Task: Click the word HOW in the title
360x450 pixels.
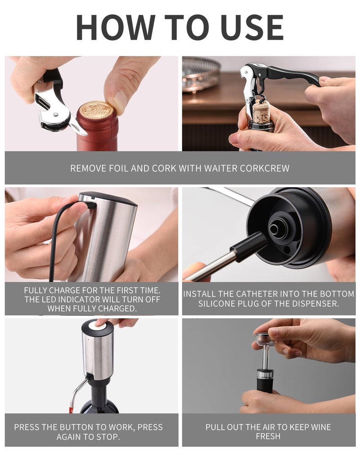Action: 115,27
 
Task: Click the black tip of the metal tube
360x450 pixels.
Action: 249,246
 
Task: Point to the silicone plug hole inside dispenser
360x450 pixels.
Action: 275,229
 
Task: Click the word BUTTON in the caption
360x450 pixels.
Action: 75,427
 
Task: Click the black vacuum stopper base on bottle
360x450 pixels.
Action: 265,385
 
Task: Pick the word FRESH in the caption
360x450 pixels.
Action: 268,436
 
